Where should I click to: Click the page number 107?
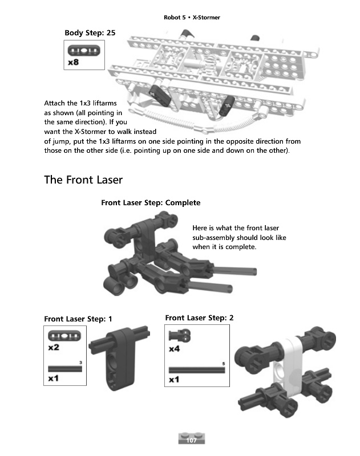191,439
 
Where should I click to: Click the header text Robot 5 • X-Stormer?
192,18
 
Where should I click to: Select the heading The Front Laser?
83,180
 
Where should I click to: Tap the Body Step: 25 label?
90,33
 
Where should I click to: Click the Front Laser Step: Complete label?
151,202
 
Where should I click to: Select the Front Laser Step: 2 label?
199,317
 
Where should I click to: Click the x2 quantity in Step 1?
54,347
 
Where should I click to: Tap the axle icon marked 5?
197,369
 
